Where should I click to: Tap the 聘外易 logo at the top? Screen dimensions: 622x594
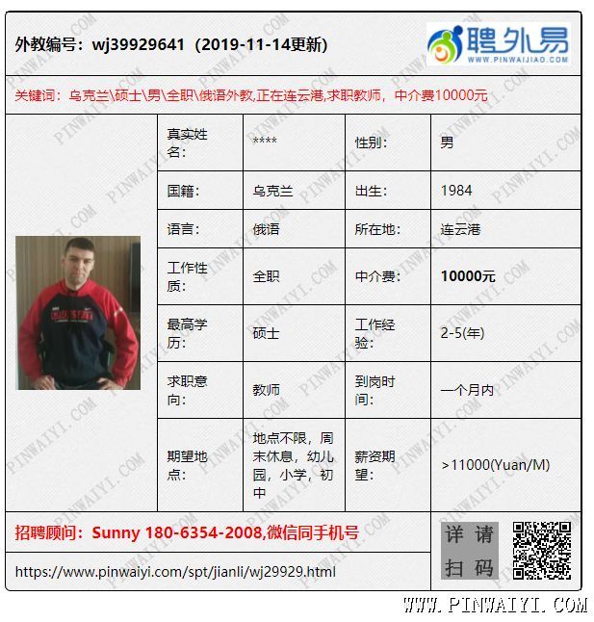498,44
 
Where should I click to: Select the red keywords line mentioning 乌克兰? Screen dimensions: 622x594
251,95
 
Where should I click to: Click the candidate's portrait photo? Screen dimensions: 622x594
78,313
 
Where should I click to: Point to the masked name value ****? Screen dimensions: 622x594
265,143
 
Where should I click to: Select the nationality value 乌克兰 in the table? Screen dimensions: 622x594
272,191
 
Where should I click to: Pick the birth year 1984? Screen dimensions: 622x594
456,191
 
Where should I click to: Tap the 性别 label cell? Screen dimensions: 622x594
371,143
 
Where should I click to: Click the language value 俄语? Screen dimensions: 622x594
266,229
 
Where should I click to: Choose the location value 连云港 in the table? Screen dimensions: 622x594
460,229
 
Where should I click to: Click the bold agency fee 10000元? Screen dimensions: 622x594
468,276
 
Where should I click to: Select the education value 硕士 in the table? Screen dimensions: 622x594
266,333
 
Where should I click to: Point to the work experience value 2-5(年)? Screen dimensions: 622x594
462,333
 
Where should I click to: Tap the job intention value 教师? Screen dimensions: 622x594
266,390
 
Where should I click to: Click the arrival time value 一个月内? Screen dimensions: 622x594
467,390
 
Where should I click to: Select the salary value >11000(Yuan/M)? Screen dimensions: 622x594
496,465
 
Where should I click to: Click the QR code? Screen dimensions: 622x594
541,551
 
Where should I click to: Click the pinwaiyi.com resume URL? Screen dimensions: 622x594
175,572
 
